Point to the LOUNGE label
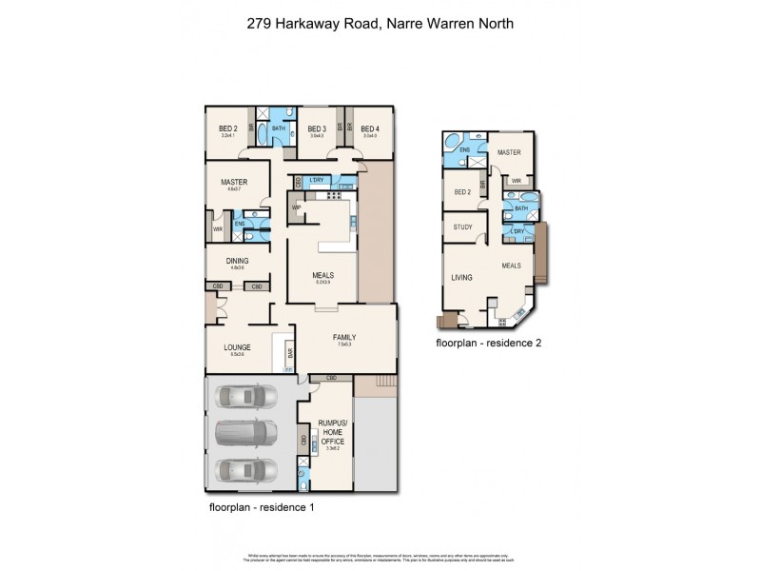[237, 348]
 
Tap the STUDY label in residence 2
[463, 226]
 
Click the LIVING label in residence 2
[462, 278]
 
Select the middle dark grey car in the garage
[245, 434]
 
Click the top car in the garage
[245, 397]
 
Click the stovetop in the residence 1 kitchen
[334, 197]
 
